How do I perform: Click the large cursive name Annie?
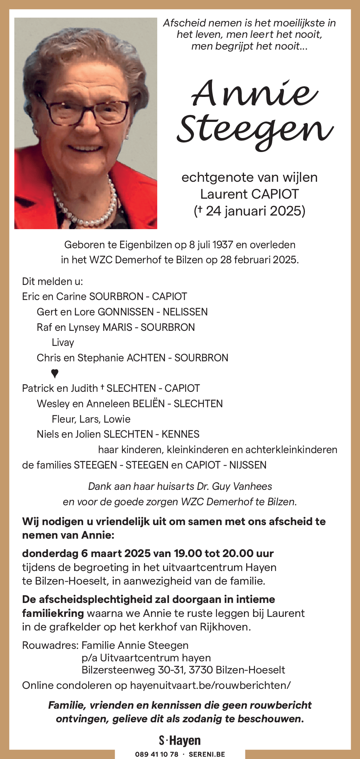pyautogui.click(x=254, y=93)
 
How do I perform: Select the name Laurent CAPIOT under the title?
pyautogui.click(x=249, y=194)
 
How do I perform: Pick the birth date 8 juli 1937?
pyautogui.click(x=211, y=245)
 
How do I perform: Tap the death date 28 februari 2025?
pyautogui.click(x=259, y=260)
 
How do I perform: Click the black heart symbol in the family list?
pyautogui.click(x=55, y=373)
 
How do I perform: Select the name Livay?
pyautogui.click(x=63, y=342)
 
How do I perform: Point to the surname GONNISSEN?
pyautogui.click(x=126, y=312)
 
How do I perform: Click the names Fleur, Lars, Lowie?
pyautogui.click(x=91, y=419)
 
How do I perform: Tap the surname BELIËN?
pyautogui.click(x=148, y=404)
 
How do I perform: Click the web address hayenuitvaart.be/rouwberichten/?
pyautogui.click(x=210, y=685)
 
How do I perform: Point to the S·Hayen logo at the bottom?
pyautogui.click(x=180, y=741)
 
